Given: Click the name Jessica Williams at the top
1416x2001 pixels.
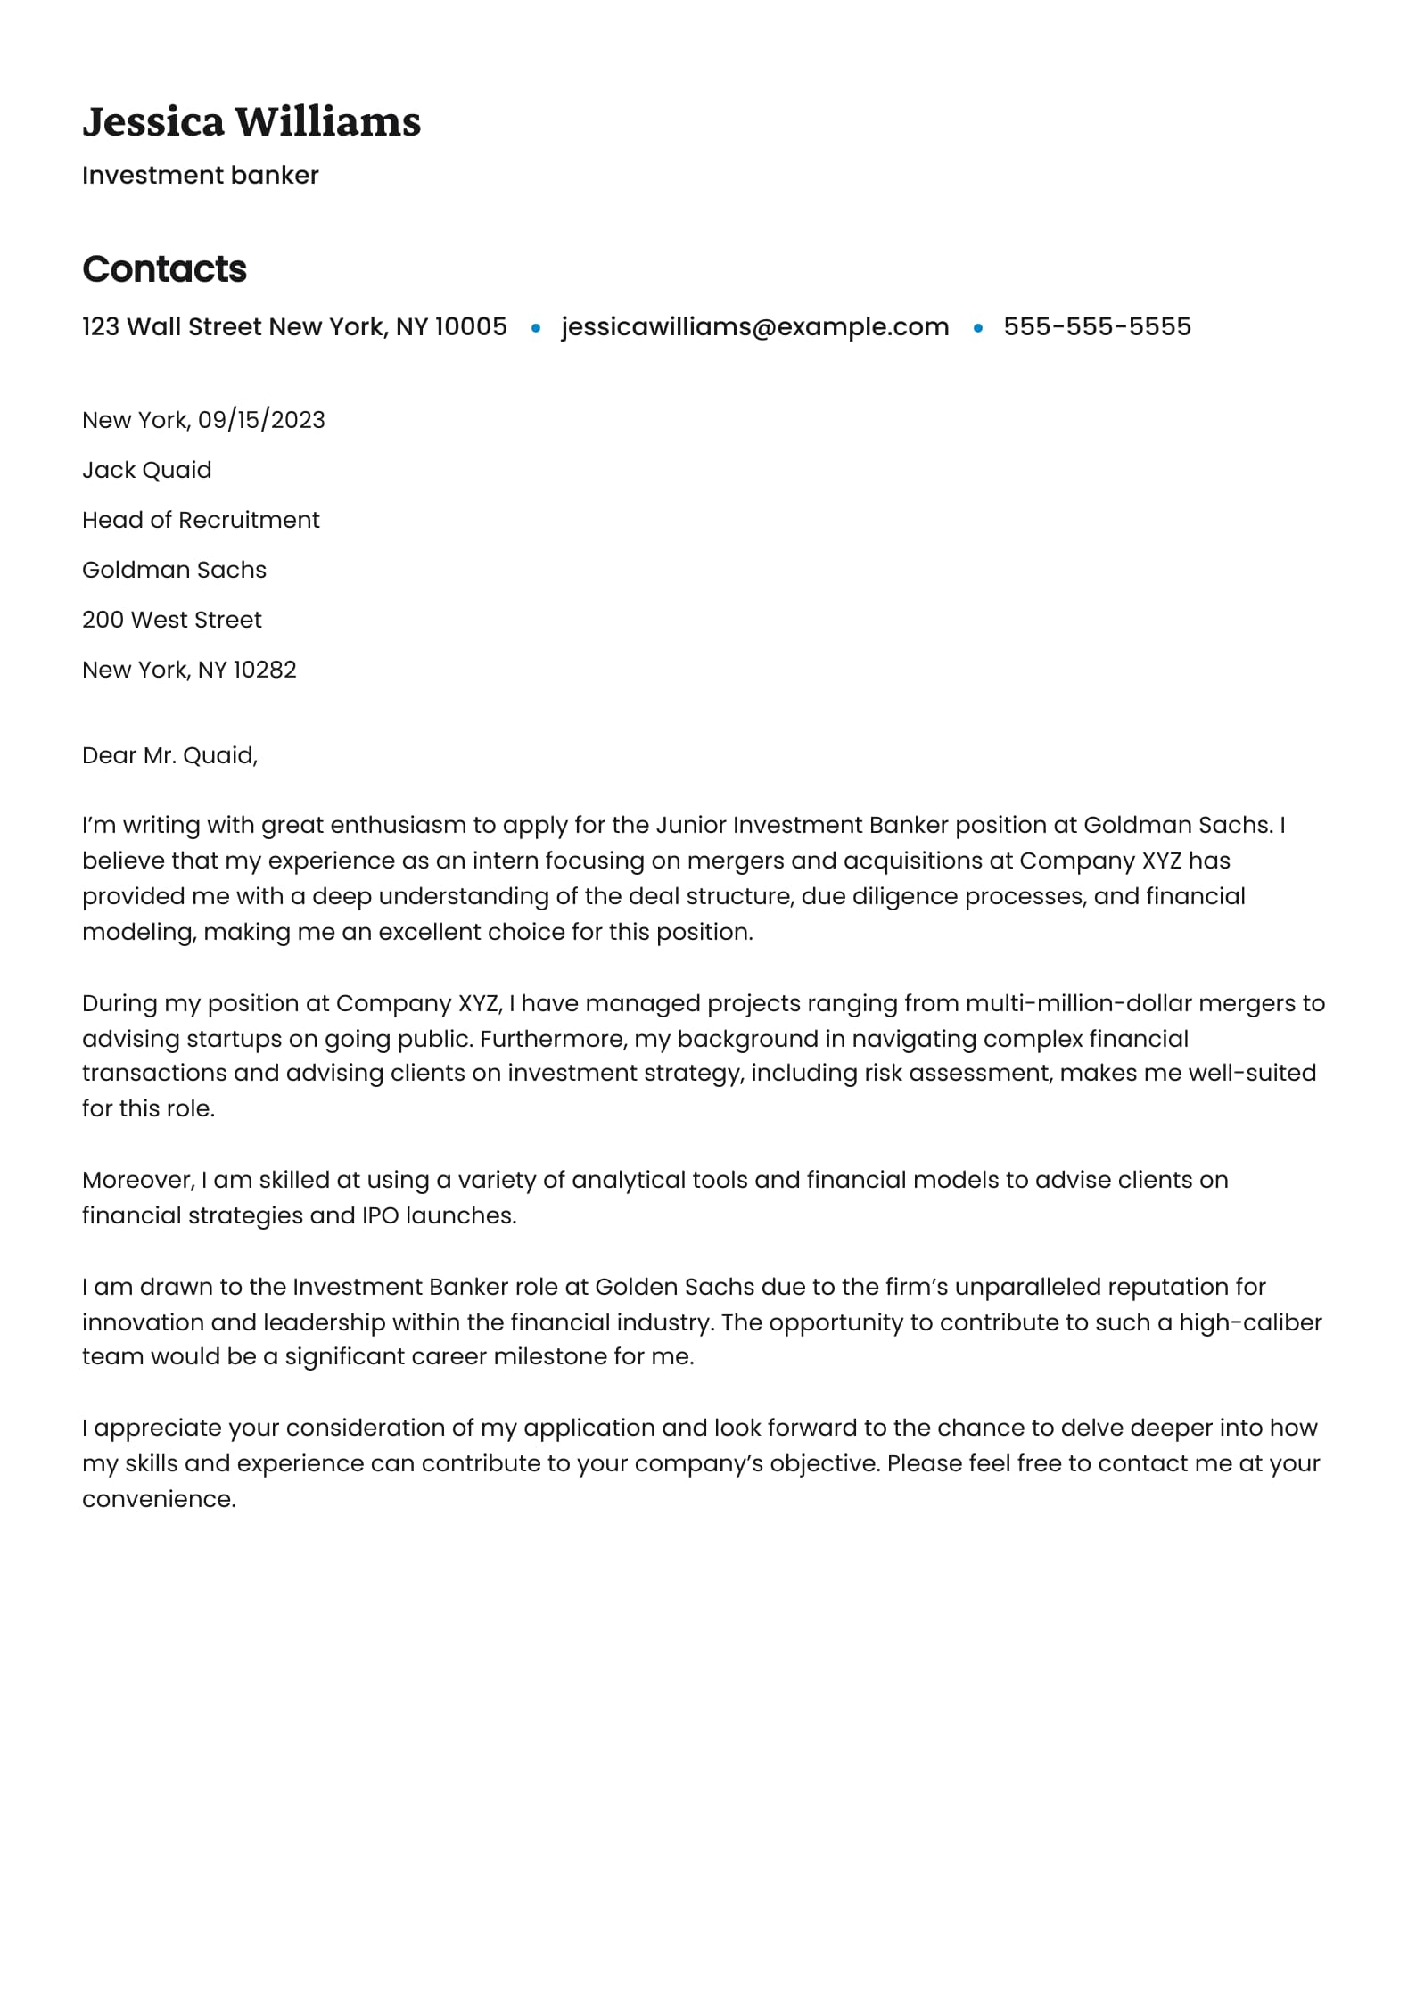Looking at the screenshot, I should click(x=251, y=122).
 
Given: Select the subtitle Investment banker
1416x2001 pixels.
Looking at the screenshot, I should click(x=200, y=176).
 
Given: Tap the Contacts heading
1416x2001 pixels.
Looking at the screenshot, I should click(x=164, y=269).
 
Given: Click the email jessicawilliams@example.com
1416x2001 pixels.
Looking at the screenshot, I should click(x=754, y=327).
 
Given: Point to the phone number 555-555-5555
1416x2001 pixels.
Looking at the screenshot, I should click(x=1097, y=327).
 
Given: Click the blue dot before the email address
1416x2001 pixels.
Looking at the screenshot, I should click(x=536, y=328).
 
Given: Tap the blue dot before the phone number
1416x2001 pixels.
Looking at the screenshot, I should click(x=978, y=328).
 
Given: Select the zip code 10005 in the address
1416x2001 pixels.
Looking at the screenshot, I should click(x=471, y=327).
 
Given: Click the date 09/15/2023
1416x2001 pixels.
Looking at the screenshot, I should click(x=261, y=420).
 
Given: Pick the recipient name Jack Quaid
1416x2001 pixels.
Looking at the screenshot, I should click(x=147, y=470).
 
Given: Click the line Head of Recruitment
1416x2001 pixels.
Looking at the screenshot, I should click(x=201, y=520).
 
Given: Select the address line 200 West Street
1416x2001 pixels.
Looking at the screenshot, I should click(x=172, y=620).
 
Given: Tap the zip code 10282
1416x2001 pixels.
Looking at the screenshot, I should click(x=264, y=670).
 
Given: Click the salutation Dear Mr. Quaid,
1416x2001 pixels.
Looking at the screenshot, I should click(x=169, y=755).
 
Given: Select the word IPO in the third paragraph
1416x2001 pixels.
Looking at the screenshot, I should click(x=380, y=1215).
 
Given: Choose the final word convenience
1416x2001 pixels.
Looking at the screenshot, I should click(x=159, y=1499).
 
